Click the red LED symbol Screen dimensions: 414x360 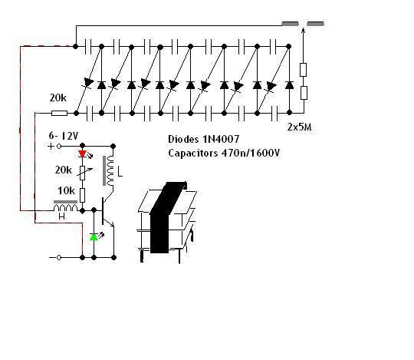point(83,154)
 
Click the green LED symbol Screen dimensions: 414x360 point(94,237)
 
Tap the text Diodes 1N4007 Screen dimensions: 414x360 point(204,139)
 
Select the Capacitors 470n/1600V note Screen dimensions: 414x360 point(224,153)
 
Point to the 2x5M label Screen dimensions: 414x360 point(299,127)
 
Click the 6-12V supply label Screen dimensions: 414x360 point(64,136)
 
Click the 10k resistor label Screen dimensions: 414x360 point(66,190)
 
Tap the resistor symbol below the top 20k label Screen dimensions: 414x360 point(59,114)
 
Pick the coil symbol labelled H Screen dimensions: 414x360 point(65,206)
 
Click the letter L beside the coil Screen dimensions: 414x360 point(120,173)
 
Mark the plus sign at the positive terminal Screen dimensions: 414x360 point(51,146)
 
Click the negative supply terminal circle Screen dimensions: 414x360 point(59,257)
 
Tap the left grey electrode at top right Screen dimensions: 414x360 point(290,24)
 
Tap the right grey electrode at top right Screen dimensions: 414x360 point(316,24)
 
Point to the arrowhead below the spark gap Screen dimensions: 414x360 point(303,31)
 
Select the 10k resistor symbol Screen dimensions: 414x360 point(82,195)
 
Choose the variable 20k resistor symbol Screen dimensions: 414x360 point(83,173)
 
